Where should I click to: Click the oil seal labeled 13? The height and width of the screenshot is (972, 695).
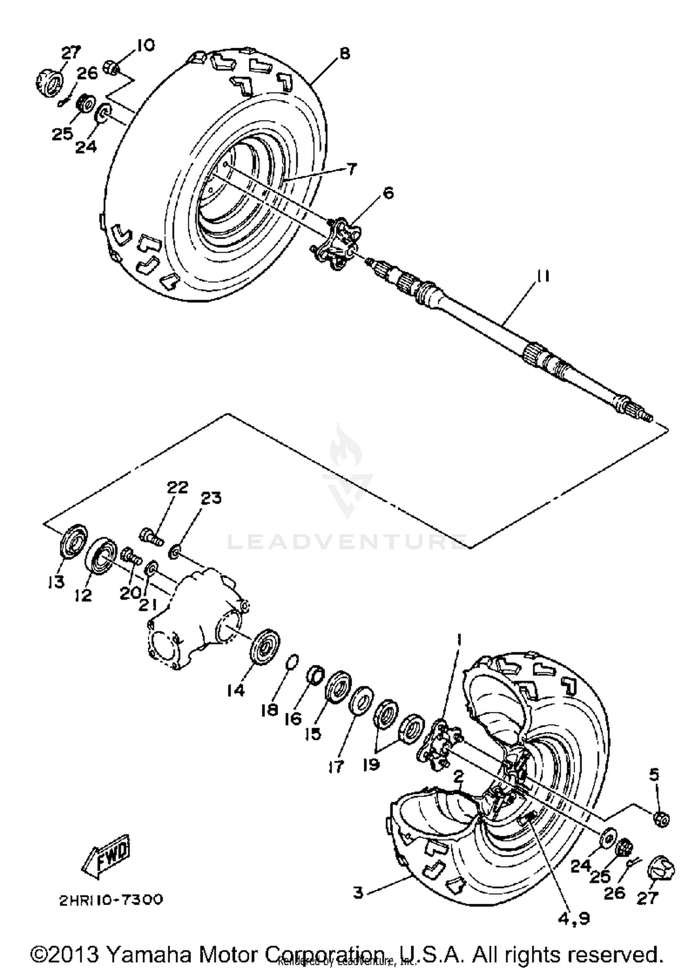coord(74,540)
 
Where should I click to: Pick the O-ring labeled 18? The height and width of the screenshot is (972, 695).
coord(293,661)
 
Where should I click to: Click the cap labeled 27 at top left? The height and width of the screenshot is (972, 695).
coord(50,81)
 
